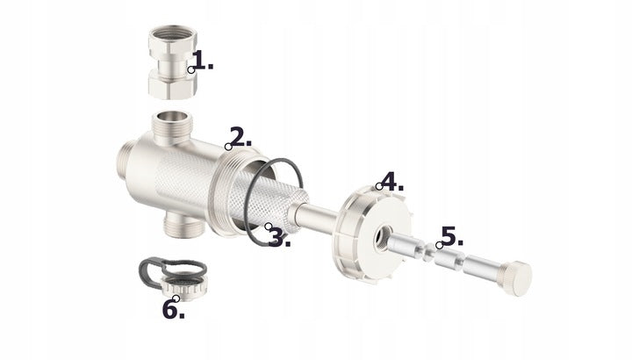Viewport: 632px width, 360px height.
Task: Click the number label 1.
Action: pyautogui.click(x=203, y=61)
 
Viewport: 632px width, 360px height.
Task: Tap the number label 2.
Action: pyautogui.click(x=241, y=138)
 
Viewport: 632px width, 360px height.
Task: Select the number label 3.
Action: pyautogui.click(x=280, y=237)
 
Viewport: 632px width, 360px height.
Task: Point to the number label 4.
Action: pyautogui.click(x=391, y=184)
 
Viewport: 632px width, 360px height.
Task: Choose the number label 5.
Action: pyautogui.click(x=451, y=236)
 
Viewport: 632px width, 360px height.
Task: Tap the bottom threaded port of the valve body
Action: pyautogui.click(x=183, y=226)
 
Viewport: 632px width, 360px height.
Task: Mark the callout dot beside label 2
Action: pyautogui.click(x=228, y=145)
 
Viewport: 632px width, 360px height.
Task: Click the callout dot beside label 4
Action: pyautogui.click(x=378, y=186)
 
